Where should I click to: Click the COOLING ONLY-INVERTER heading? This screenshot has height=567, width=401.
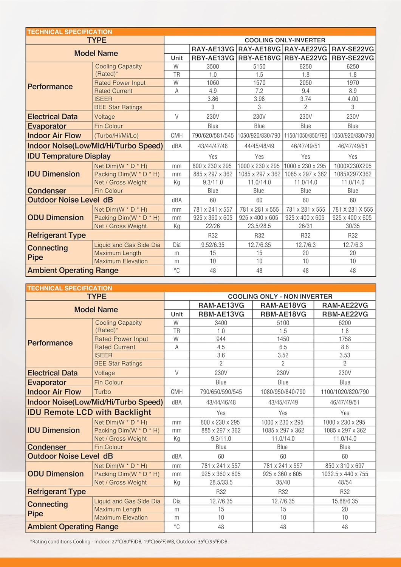[x=285, y=40]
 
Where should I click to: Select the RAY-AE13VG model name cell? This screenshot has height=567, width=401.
[x=213, y=49]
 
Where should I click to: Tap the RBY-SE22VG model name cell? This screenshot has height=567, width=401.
[x=353, y=58]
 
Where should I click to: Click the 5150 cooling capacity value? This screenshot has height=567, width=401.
[x=259, y=67]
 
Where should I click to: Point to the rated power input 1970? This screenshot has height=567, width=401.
[x=353, y=83]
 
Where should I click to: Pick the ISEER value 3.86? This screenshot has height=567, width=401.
[x=213, y=99]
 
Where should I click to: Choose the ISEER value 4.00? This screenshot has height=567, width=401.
[x=353, y=99]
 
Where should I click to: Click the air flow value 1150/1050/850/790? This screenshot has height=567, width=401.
[x=305, y=135]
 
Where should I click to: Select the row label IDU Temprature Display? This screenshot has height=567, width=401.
[x=69, y=156]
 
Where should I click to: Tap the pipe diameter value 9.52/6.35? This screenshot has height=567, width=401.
[x=213, y=245]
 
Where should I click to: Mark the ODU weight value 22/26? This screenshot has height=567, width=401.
[x=213, y=226]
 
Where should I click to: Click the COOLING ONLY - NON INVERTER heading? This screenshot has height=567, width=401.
[x=280, y=296]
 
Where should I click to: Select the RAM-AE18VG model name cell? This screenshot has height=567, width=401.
[x=283, y=305]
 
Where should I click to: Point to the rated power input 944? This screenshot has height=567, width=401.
[x=221, y=339]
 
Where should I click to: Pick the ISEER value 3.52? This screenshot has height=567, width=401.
[x=283, y=355]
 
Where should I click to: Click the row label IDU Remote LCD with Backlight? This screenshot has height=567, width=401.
[x=89, y=412]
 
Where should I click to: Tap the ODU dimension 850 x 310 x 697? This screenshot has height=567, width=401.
[x=345, y=466]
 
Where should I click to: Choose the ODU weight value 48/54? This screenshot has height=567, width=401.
[x=345, y=482]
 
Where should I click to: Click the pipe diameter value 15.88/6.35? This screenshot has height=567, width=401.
[x=345, y=501]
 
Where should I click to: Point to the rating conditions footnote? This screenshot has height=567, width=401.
[x=129, y=542]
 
